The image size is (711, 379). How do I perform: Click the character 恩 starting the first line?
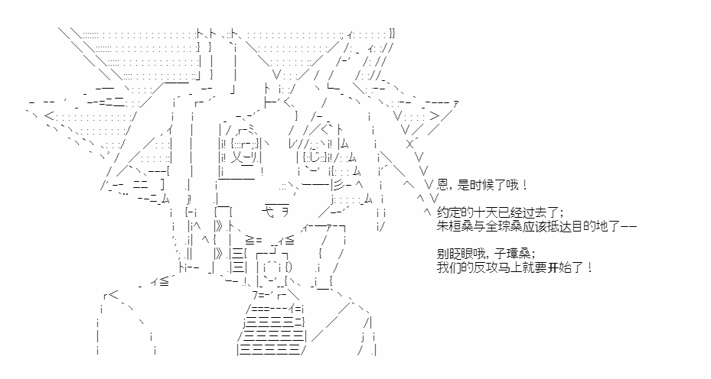[442, 185]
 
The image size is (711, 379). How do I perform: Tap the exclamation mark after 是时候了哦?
[525, 185]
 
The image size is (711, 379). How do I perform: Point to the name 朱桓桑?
[453, 226]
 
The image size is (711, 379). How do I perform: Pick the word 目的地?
[587, 226]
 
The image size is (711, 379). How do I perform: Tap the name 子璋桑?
[518, 254]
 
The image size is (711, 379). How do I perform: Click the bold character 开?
[553, 267]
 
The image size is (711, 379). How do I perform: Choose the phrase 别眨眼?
[453, 254]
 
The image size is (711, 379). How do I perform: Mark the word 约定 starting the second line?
[448, 213]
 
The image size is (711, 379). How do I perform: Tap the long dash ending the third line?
[627, 226]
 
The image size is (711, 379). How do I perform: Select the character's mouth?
[276, 210]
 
